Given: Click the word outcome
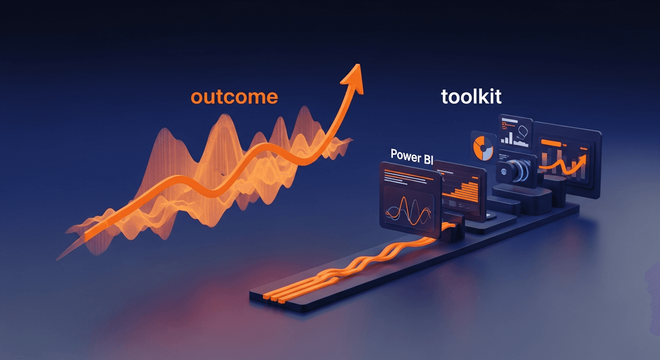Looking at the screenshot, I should point(234,97).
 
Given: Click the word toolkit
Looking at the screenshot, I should point(471,97).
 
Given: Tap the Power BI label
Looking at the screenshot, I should point(411,156).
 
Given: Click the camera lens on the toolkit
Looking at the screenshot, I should point(506,171).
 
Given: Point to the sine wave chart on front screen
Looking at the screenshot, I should point(408,211).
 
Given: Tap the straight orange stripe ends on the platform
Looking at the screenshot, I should point(272,296).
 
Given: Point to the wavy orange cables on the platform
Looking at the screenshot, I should point(356,262).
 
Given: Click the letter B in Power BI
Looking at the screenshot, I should point(426,158).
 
